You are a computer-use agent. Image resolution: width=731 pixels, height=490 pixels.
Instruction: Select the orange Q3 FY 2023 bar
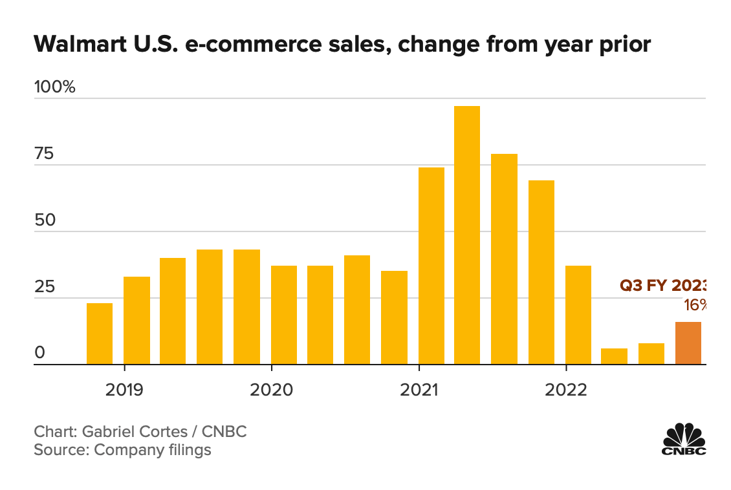click(x=688, y=343)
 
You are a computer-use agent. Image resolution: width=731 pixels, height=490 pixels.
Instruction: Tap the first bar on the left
click(x=99, y=334)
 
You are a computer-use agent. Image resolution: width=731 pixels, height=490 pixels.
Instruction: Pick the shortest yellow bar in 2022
click(x=614, y=356)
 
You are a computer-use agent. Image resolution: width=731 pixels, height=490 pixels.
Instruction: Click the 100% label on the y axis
click(x=55, y=87)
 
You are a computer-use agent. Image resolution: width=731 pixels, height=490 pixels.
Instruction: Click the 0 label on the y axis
click(x=39, y=353)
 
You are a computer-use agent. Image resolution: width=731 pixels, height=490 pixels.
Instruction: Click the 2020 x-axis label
click(x=271, y=390)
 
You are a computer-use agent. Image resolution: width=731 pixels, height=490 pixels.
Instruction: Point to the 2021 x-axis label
click(x=419, y=390)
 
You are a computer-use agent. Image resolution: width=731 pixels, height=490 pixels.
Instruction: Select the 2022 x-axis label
click(x=566, y=390)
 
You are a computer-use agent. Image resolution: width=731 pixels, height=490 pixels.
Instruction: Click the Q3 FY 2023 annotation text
click(x=662, y=286)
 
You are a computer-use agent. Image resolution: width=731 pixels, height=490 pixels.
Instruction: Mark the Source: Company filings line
click(x=122, y=450)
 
